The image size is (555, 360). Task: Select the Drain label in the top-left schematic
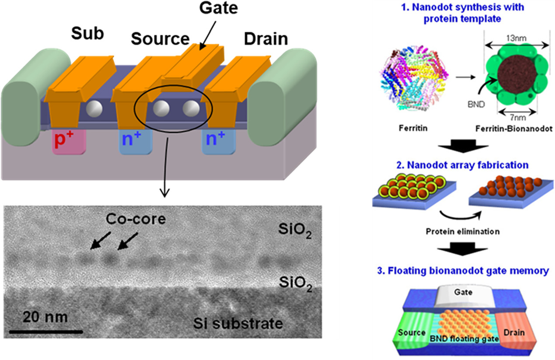[x=265, y=39]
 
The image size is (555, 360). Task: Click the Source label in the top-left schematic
[x=160, y=39]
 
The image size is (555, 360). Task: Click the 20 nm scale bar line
[x=45, y=332]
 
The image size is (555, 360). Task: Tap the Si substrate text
[x=237, y=324]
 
